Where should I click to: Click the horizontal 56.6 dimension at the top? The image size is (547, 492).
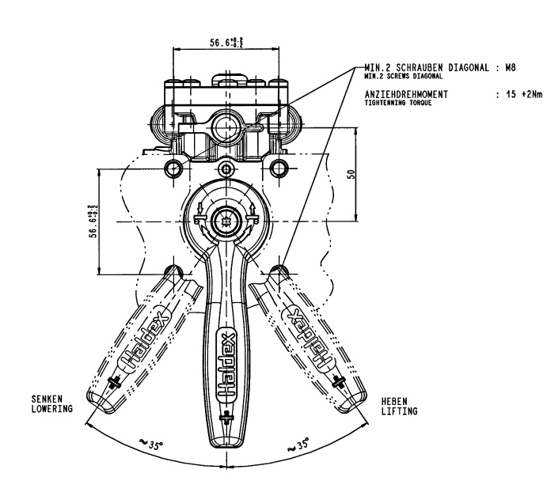point(226,43)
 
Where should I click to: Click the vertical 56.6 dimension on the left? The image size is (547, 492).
point(93,221)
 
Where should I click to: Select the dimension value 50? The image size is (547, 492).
point(351,174)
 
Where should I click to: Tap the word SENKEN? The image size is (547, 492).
point(47,399)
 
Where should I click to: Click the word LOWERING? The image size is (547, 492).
point(52,409)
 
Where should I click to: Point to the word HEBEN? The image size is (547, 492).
point(394,401)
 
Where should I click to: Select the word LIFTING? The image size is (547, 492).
point(399,411)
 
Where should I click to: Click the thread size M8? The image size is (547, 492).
point(511,67)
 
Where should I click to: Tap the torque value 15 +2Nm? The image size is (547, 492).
point(524,94)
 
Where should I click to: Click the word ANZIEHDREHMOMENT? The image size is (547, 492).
point(406,94)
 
